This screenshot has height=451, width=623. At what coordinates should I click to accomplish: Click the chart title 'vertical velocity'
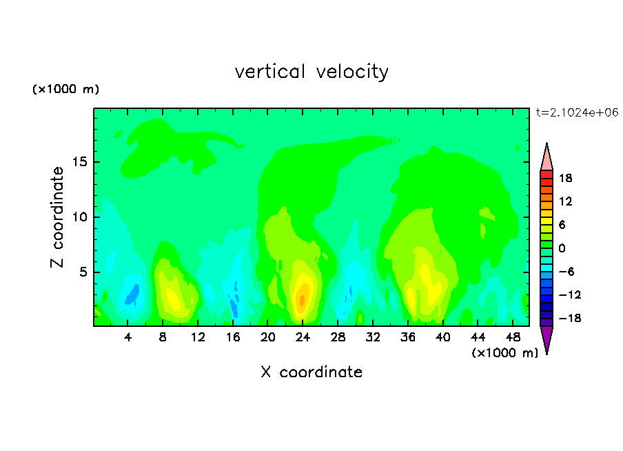tap(311, 72)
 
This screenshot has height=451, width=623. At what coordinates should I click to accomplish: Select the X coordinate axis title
tap(311, 372)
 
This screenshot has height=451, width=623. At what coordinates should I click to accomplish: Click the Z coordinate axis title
tap(57, 217)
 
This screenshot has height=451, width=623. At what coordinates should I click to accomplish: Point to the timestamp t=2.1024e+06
tap(577, 112)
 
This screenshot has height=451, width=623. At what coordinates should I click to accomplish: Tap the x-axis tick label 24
tap(303, 337)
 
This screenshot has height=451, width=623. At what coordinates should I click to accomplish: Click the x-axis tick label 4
tap(127, 337)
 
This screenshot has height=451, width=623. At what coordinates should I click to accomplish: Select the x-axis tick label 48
tap(513, 337)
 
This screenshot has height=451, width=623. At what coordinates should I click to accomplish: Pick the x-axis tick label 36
tap(408, 337)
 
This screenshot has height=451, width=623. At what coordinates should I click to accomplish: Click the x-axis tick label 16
tap(232, 337)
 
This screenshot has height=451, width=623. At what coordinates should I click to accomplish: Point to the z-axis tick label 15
tap(79, 162)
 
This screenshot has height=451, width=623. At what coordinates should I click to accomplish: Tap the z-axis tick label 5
tap(83, 272)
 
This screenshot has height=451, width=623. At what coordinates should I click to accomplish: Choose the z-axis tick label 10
tap(79, 217)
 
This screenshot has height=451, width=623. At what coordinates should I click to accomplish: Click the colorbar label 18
tap(565, 178)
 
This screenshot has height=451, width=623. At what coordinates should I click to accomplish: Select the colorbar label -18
tap(570, 318)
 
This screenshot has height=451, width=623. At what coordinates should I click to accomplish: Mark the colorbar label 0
tap(562, 248)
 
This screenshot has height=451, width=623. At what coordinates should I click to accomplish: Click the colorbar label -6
tap(566, 272)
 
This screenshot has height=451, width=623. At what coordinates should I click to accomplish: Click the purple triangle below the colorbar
tap(547, 338)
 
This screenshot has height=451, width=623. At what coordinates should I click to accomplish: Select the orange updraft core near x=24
tap(303, 299)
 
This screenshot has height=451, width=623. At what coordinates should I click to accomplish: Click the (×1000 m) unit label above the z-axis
tap(65, 89)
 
